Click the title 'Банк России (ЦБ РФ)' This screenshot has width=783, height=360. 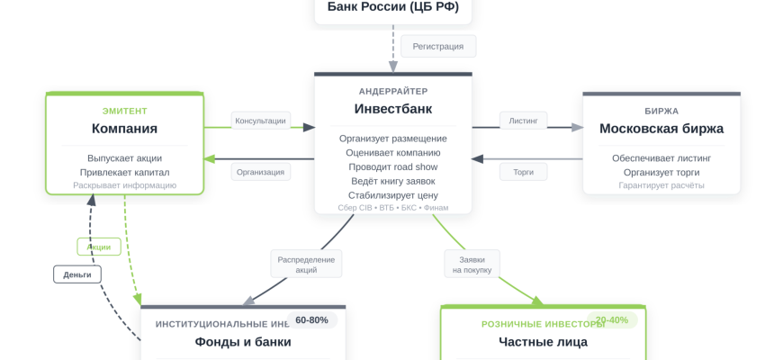(x=392, y=7)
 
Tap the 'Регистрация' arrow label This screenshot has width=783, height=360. (x=438, y=46)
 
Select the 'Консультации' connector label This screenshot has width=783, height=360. (x=260, y=121)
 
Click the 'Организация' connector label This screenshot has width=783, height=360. (x=260, y=172)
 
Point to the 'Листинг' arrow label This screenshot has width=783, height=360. (x=523, y=121)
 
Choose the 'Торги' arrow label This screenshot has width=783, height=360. (x=523, y=172)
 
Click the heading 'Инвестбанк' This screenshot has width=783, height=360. (x=392, y=109)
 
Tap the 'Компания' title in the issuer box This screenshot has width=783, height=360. (x=124, y=129)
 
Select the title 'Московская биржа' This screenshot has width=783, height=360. (x=661, y=129)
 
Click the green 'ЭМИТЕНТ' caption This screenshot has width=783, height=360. (x=124, y=111)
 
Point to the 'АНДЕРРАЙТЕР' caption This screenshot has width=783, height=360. (x=392, y=91)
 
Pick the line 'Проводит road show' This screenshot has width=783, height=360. (x=392, y=166)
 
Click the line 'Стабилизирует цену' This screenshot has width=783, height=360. (x=392, y=194)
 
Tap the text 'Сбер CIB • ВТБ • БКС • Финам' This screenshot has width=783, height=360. (x=392, y=208)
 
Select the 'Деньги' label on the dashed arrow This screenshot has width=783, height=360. (x=77, y=274)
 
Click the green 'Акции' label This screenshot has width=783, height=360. (x=99, y=247)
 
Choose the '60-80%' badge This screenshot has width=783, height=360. (x=311, y=320)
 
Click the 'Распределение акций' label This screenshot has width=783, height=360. (x=306, y=265)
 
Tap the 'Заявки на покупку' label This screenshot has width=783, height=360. (x=472, y=265)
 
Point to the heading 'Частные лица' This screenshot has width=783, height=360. (x=543, y=342)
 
